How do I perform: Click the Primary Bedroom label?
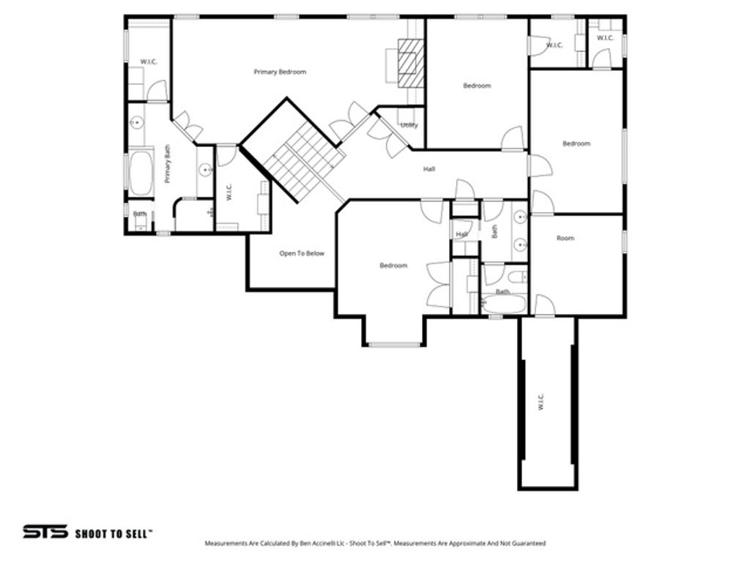coord(280,72)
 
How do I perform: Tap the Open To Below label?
coord(302,254)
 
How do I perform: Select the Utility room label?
coord(409,125)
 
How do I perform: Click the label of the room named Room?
coord(565,238)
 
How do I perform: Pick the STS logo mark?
coord(45,532)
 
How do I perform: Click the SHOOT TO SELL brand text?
coord(114,533)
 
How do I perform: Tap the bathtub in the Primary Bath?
coord(141,173)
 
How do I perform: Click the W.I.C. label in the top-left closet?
coord(149,61)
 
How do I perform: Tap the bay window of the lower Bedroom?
coord(393,343)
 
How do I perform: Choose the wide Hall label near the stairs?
coord(429,169)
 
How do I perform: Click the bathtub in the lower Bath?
coord(504,304)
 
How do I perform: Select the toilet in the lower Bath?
coord(516,278)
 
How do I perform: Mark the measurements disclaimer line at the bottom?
coord(375,544)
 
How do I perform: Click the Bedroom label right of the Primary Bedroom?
coord(477,86)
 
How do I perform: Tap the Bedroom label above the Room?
coord(576,143)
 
